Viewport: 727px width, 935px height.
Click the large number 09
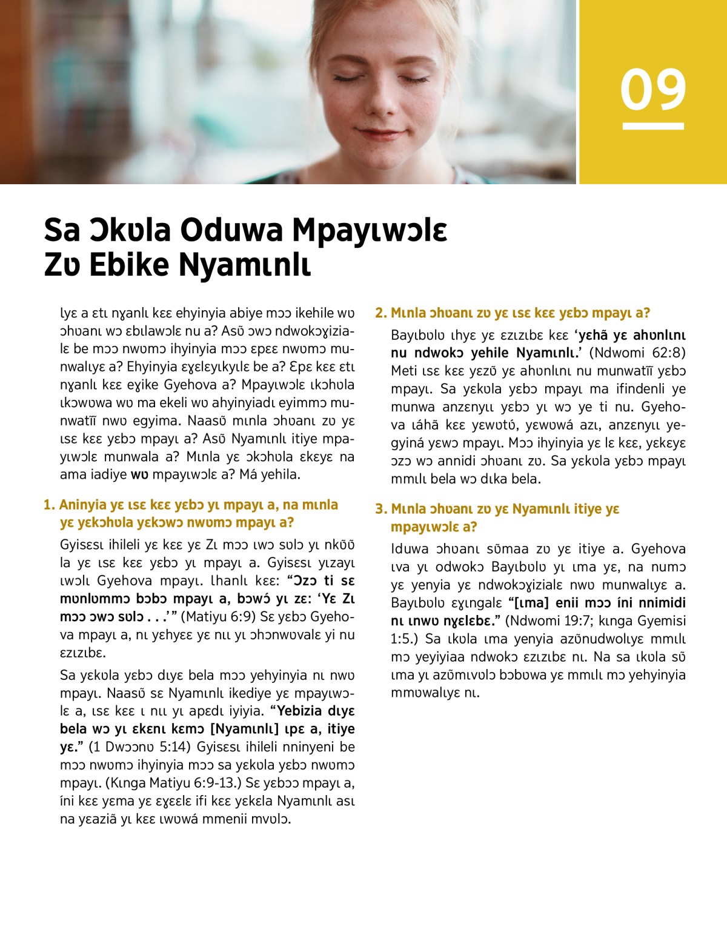653,90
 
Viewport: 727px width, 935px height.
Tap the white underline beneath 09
653,126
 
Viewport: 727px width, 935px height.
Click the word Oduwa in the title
231,230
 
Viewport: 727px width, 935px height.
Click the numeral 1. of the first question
49,505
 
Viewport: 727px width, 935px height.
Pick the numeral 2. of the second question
380,313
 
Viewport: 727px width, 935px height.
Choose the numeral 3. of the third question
380,509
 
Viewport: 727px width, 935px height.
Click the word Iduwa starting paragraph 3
410,549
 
